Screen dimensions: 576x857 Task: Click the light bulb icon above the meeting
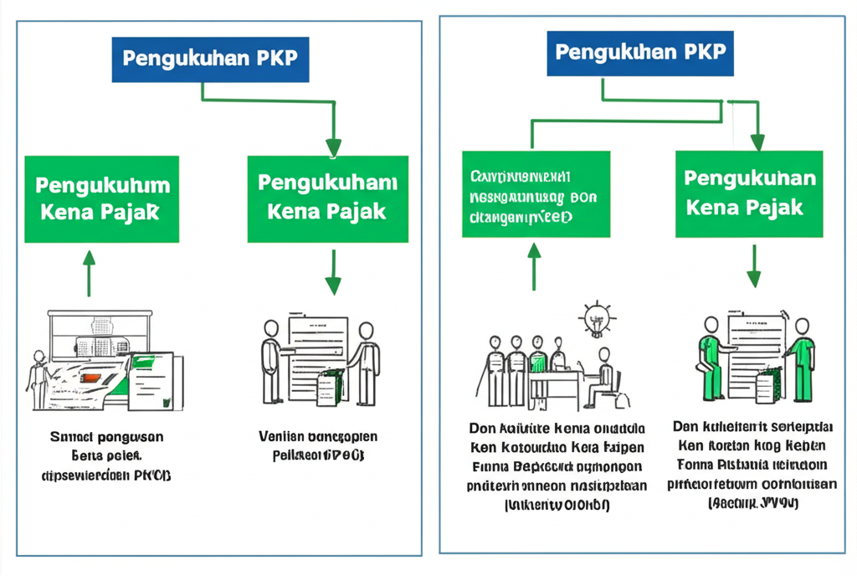598,318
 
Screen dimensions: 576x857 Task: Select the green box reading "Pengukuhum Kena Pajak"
101,198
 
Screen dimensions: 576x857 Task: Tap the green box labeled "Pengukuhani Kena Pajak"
327,198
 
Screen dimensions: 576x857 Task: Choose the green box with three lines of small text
536,193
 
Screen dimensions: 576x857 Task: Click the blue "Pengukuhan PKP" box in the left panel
210,59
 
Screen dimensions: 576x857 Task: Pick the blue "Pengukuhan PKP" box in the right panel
640,53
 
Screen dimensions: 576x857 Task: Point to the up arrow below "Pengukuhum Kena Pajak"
89,272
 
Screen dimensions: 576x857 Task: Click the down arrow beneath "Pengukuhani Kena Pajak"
333,274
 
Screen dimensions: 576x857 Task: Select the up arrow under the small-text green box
534,266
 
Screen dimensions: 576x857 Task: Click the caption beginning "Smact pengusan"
105,456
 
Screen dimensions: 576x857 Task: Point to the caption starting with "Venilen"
318,446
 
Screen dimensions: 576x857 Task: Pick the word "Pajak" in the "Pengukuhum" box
130,212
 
